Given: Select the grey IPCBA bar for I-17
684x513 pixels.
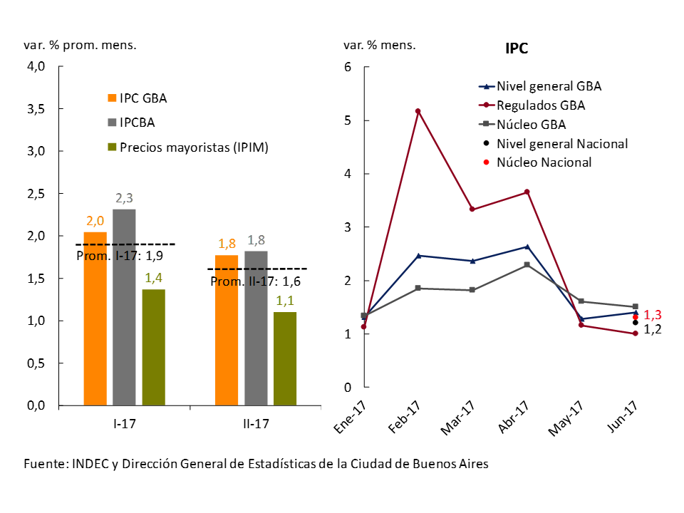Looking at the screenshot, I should click(x=124, y=307).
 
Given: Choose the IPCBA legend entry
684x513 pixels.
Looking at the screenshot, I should click(x=137, y=123).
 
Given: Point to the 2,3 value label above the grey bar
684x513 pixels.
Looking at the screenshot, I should click(x=124, y=199).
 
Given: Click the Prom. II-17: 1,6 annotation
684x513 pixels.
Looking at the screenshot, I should click(x=256, y=281).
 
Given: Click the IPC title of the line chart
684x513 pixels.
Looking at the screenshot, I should click(x=517, y=48).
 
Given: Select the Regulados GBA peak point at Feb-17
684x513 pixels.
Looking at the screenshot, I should click(x=418, y=111).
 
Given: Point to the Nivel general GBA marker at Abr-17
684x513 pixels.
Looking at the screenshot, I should click(x=527, y=247).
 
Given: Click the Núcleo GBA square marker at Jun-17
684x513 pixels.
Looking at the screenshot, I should click(x=636, y=307).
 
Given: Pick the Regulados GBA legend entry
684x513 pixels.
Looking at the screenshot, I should click(x=541, y=105).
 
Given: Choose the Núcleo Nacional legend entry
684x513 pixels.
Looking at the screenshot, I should click(x=544, y=162).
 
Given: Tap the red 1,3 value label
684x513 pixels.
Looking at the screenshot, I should click(x=653, y=315).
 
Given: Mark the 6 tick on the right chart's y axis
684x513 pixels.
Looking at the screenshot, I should click(x=348, y=67).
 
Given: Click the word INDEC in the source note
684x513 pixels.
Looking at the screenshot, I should click(x=90, y=463).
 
